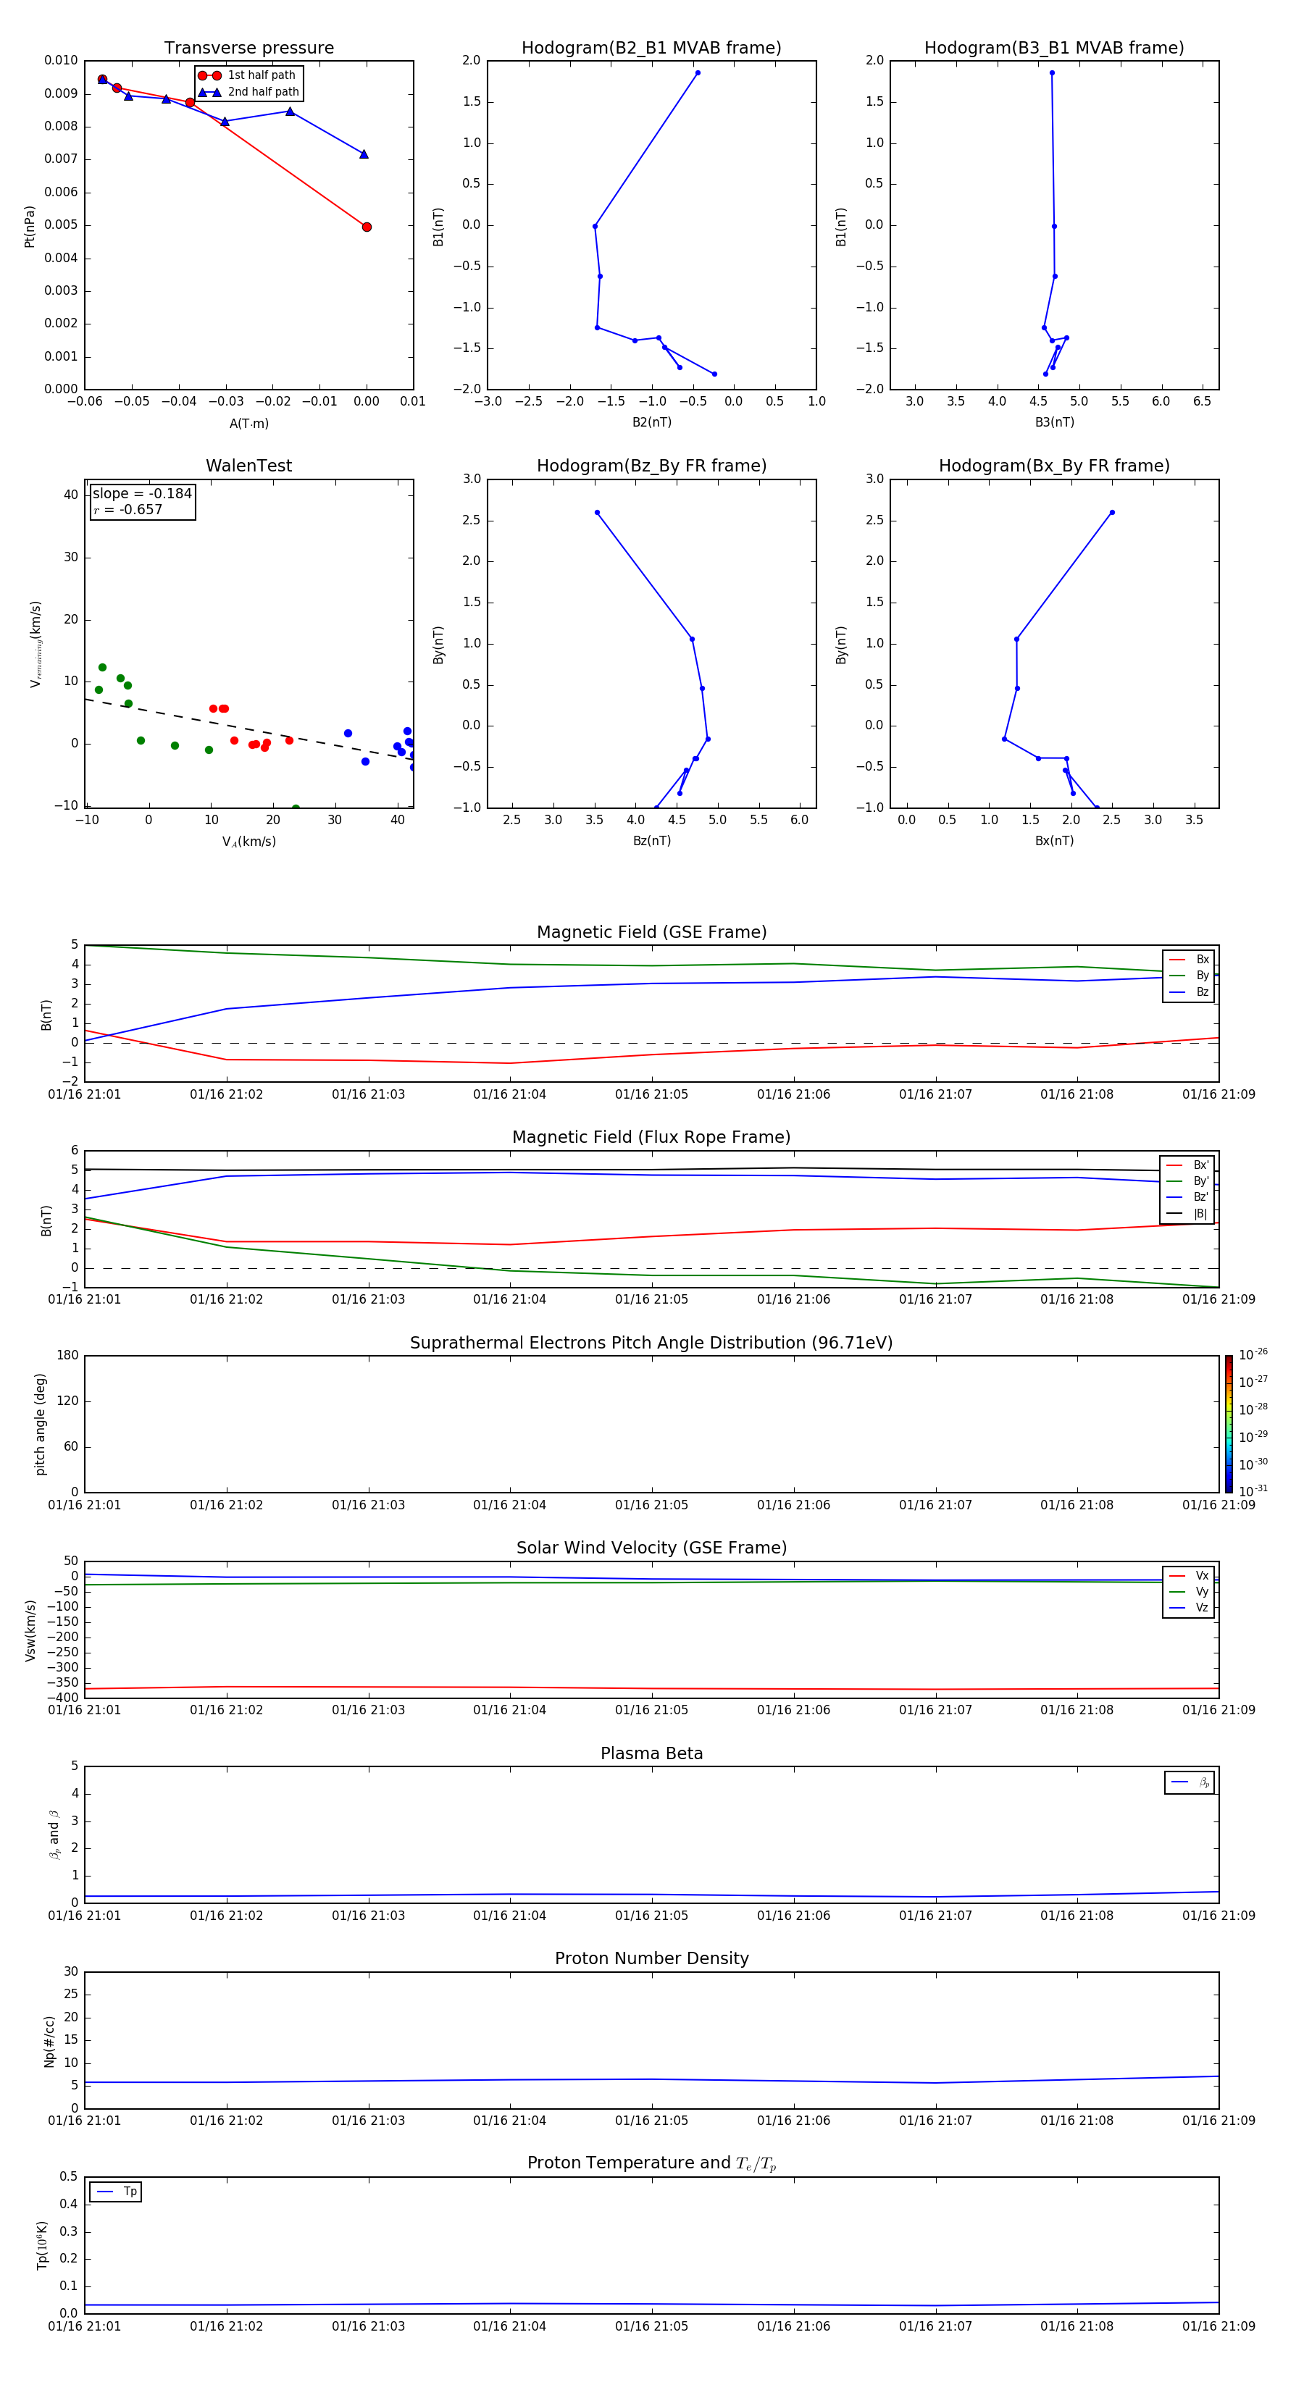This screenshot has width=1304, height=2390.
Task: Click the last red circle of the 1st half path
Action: pos(367,227)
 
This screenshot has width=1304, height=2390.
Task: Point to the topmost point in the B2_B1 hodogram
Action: pos(698,73)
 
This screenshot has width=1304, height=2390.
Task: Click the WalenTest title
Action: pos(248,466)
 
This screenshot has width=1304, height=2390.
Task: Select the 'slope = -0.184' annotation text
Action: pos(142,494)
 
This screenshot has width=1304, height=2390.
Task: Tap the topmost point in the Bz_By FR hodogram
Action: pos(597,512)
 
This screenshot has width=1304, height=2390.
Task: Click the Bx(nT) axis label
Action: pos(1054,841)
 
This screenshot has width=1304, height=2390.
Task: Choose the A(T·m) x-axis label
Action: pos(248,423)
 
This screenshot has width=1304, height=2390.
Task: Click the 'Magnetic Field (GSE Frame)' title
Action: pos(651,932)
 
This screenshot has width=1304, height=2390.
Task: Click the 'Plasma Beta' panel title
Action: pos(651,1753)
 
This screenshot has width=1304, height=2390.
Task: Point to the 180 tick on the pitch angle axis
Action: pos(68,1356)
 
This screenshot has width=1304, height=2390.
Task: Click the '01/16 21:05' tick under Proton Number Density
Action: pos(651,2120)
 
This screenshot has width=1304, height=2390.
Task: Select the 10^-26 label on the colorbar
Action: pos(1253,1354)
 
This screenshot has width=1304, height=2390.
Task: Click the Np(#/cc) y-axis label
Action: pos(49,2040)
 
